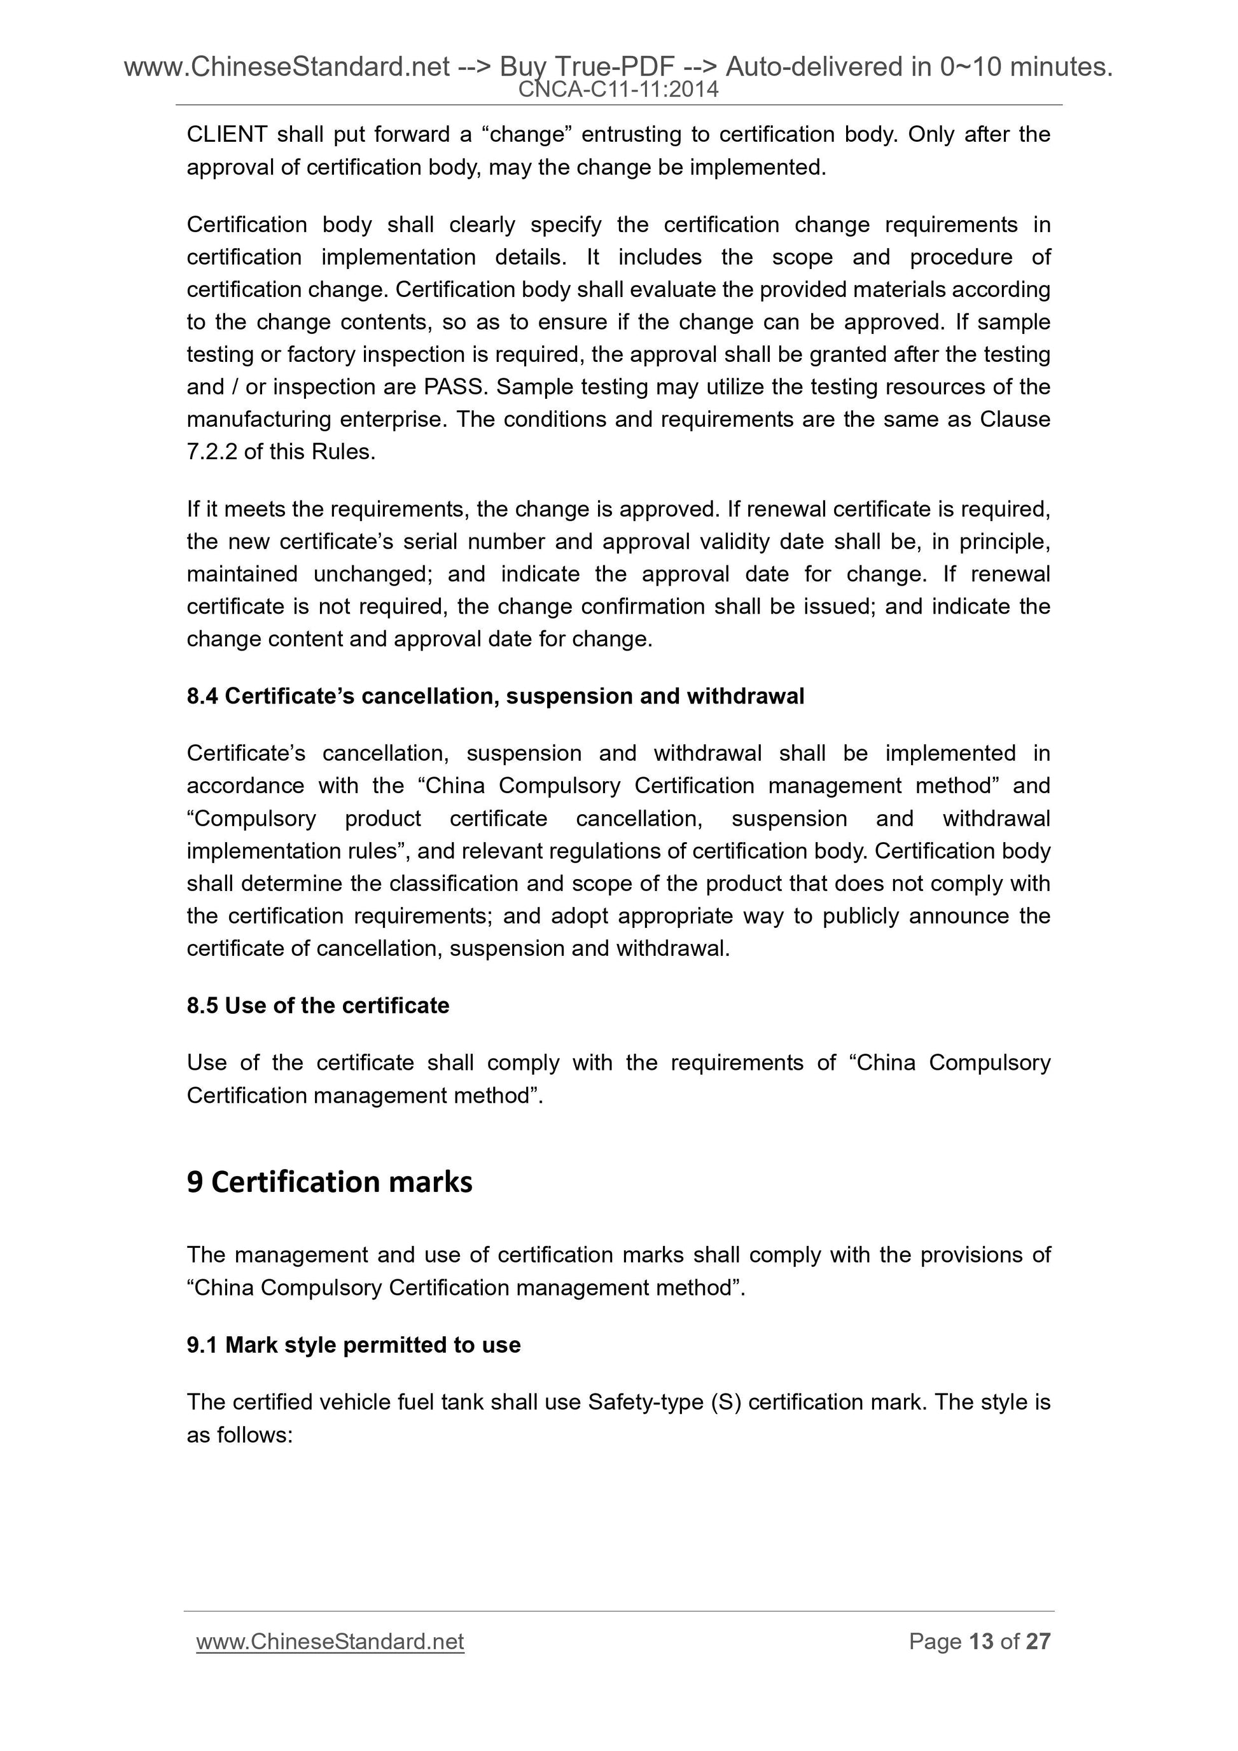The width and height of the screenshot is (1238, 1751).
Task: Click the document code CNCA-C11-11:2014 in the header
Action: click(618, 90)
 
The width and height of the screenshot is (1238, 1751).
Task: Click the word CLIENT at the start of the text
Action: click(226, 134)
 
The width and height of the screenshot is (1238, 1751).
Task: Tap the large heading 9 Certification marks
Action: click(330, 1181)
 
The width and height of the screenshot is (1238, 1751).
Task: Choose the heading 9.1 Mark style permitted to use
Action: click(353, 1345)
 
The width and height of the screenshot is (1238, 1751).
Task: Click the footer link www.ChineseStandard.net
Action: click(330, 1641)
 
